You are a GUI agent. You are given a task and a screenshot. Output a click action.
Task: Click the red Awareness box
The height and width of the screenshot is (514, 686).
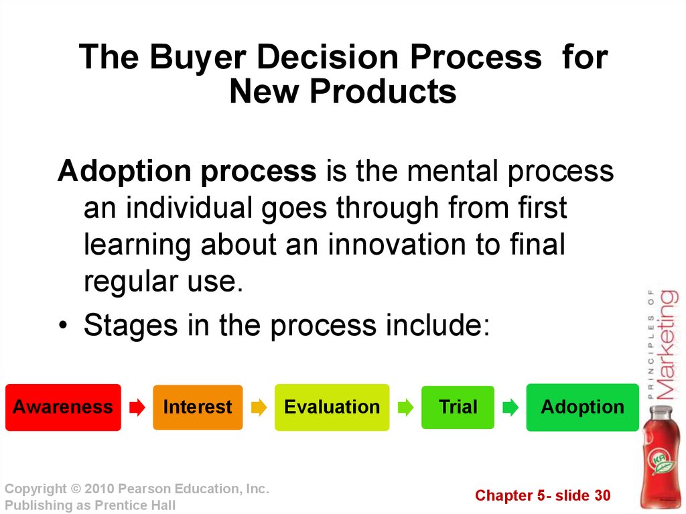[63, 407]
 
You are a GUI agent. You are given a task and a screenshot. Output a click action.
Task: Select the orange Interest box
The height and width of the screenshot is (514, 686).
[198, 407]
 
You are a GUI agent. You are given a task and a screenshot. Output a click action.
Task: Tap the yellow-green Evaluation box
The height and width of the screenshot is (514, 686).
[332, 407]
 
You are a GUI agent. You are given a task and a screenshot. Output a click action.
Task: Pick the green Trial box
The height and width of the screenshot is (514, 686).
[458, 407]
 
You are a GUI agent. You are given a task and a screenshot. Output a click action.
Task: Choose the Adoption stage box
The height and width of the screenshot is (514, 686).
[582, 407]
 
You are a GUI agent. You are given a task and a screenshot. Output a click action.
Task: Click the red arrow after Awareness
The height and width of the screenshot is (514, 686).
[137, 407]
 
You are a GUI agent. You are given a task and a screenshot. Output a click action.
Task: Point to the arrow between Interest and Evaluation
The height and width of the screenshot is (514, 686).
[259, 407]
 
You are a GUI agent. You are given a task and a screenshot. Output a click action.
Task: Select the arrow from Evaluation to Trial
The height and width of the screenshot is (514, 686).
[405, 407]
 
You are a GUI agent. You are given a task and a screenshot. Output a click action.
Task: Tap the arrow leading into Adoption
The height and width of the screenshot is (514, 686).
[510, 407]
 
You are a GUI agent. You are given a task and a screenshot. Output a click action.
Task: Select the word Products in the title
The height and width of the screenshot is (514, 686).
[383, 92]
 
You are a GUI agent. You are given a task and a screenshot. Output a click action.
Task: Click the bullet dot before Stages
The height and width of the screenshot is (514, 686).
[64, 325]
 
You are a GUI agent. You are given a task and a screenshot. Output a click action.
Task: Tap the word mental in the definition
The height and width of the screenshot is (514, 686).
[452, 171]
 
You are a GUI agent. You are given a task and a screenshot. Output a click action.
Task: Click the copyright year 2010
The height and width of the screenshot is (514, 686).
[99, 489]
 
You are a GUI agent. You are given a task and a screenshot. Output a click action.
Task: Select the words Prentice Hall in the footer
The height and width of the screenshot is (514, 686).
[135, 505]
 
